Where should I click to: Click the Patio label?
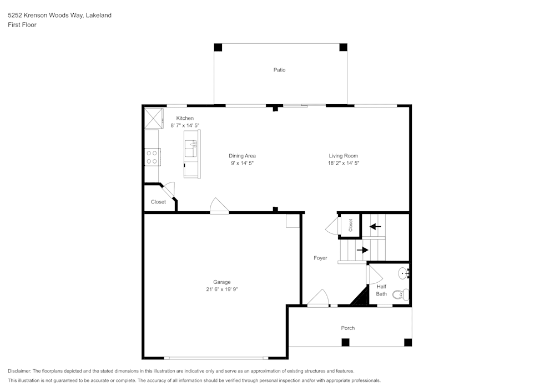pos(279,70)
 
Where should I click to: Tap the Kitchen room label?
pos(185,118)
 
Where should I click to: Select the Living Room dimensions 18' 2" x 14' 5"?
pos(344,164)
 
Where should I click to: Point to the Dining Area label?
pos(243,156)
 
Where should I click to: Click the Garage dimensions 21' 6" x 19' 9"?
pos(221,289)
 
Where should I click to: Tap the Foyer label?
pos(320,258)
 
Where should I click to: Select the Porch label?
pos(348,328)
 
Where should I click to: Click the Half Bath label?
pos(382,290)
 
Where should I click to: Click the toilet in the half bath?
pos(400,294)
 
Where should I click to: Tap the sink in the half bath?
pos(404,272)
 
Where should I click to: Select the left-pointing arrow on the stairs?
pos(376,226)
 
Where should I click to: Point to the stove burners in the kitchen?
pos(152,157)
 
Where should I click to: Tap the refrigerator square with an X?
pos(154,117)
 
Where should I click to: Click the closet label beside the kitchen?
pos(158,202)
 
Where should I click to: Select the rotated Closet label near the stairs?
pos(350,225)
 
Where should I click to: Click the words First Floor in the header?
pos(22,25)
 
